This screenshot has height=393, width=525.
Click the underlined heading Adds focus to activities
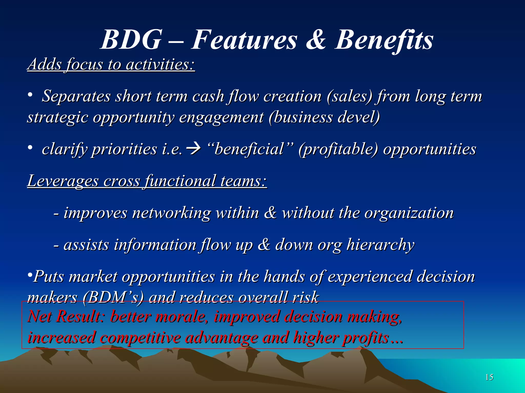(x=111, y=64)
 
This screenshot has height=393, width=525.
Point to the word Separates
(x=76, y=96)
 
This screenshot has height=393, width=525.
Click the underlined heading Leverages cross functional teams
(x=147, y=181)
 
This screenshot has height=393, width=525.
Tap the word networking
(x=171, y=213)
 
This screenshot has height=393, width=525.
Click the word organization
(x=409, y=213)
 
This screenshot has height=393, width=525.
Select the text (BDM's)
(x=113, y=298)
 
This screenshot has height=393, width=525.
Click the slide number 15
(x=489, y=377)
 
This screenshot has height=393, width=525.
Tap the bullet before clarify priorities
(x=30, y=148)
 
